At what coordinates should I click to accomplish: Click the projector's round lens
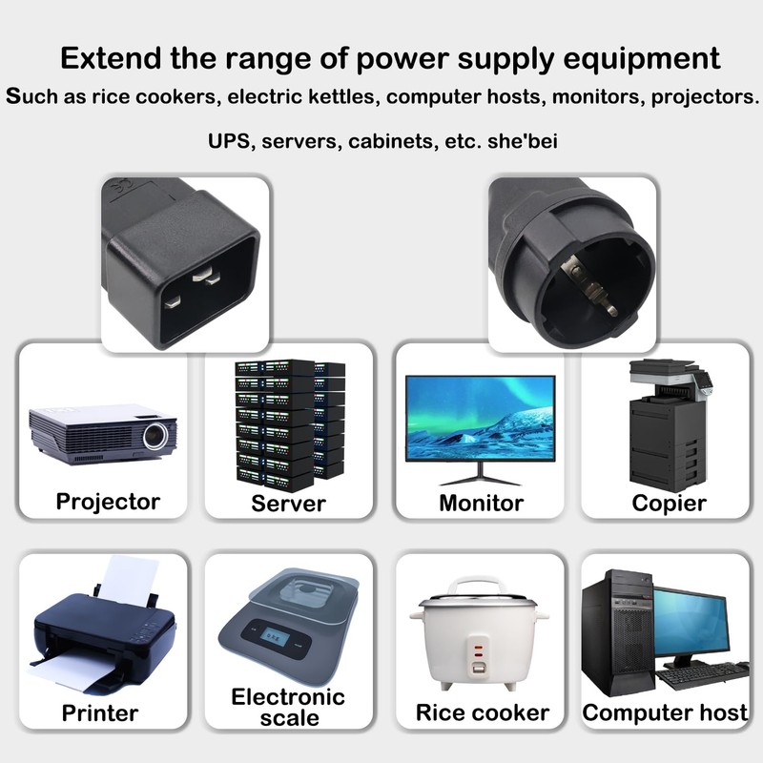155,436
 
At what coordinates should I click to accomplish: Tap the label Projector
108,502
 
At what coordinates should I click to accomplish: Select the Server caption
289,504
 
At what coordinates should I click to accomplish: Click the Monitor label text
482,504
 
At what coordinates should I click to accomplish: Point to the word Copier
669,504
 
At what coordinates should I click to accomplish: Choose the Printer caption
100,713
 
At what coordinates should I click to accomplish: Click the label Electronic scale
288,707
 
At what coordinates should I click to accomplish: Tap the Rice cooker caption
483,712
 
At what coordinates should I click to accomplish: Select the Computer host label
665,712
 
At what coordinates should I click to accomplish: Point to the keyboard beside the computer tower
702,675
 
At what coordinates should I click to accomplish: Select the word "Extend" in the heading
111,58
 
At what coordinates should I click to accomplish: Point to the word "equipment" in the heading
641,59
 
